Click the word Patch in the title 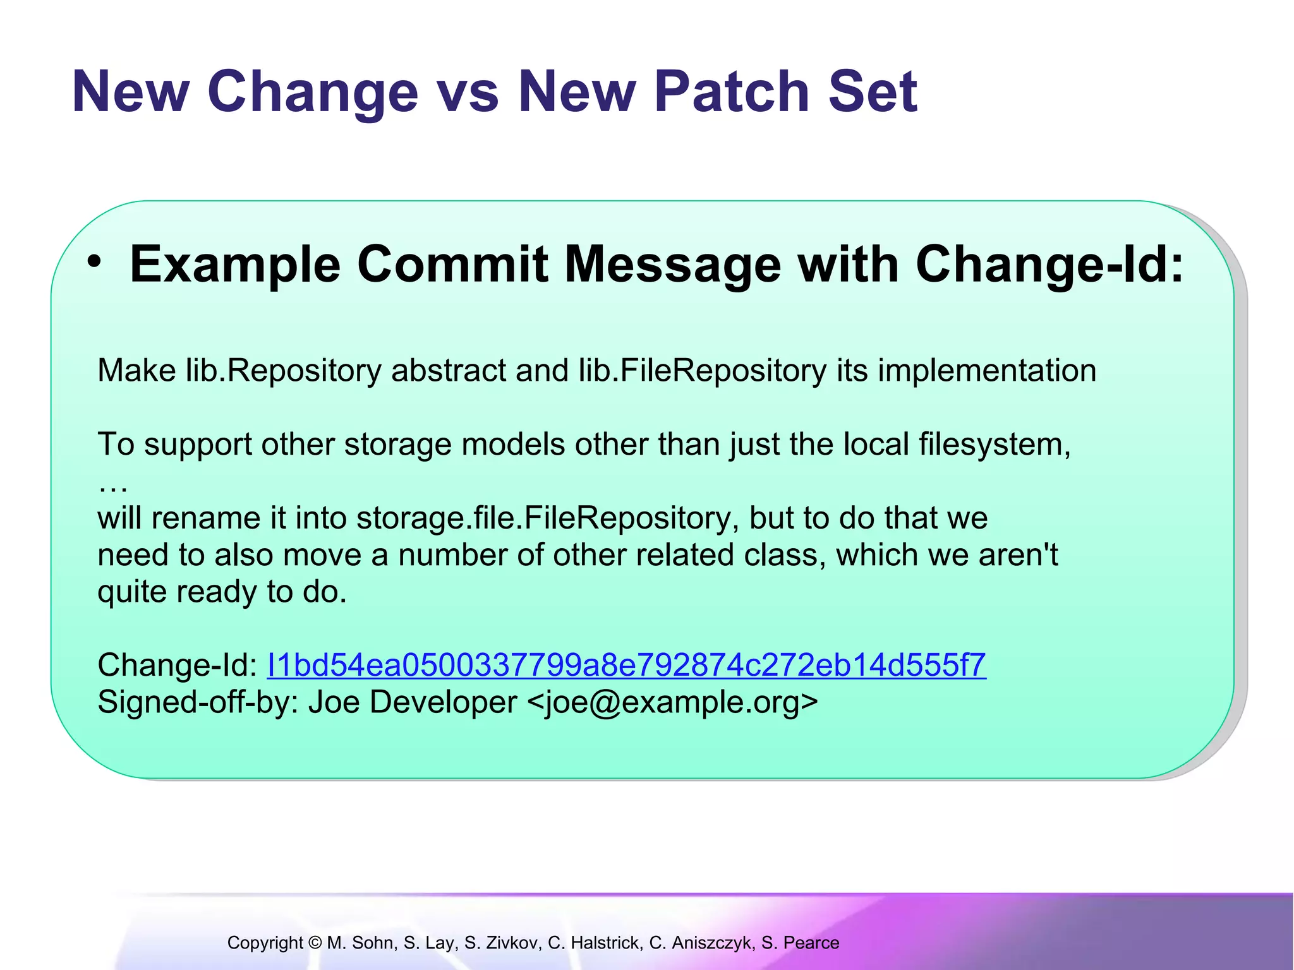coord(732,92)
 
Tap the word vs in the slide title coord(468,92)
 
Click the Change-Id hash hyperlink coord(626,665)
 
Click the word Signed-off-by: coord(198,702)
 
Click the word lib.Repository coord(283,370)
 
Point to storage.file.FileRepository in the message coord(547,518)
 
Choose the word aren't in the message coord(1018,555)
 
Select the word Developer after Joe coord(443,702)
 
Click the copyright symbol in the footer coord(315,943)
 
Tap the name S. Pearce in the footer coord(800,943)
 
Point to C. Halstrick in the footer coord(595,943)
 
